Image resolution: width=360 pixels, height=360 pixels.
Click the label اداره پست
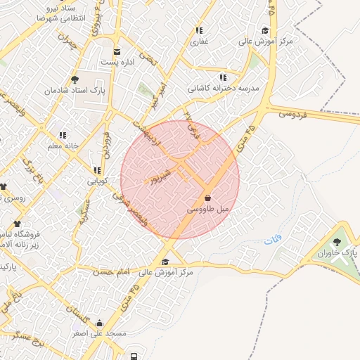pyautogui.click(x=116, y=62)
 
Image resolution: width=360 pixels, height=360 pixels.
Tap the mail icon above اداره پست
pyautogui.click(x=116, y=51)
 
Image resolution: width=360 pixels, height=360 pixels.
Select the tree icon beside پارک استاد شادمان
pyautogui.click(x=75, y=80)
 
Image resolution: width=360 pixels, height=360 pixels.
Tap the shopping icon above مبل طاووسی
pyautogui.click(x=208, y=198)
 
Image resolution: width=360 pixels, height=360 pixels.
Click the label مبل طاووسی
pyautogui.click(x=209, y=210)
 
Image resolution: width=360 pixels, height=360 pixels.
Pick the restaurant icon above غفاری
pyautogui.click(x=199, y=31)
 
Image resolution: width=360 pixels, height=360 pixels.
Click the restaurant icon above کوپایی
pyautogui.click(x=96, y=170)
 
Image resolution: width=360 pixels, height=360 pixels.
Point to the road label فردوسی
pyautogui.click(x=293, y=113)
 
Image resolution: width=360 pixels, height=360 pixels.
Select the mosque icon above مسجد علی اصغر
pyautogui.click(x=98, y=324)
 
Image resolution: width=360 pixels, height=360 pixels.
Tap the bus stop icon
pyautogui.click(x=134, y=354)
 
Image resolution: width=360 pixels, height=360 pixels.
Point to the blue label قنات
pyautogui.click(x=272, y=241)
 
